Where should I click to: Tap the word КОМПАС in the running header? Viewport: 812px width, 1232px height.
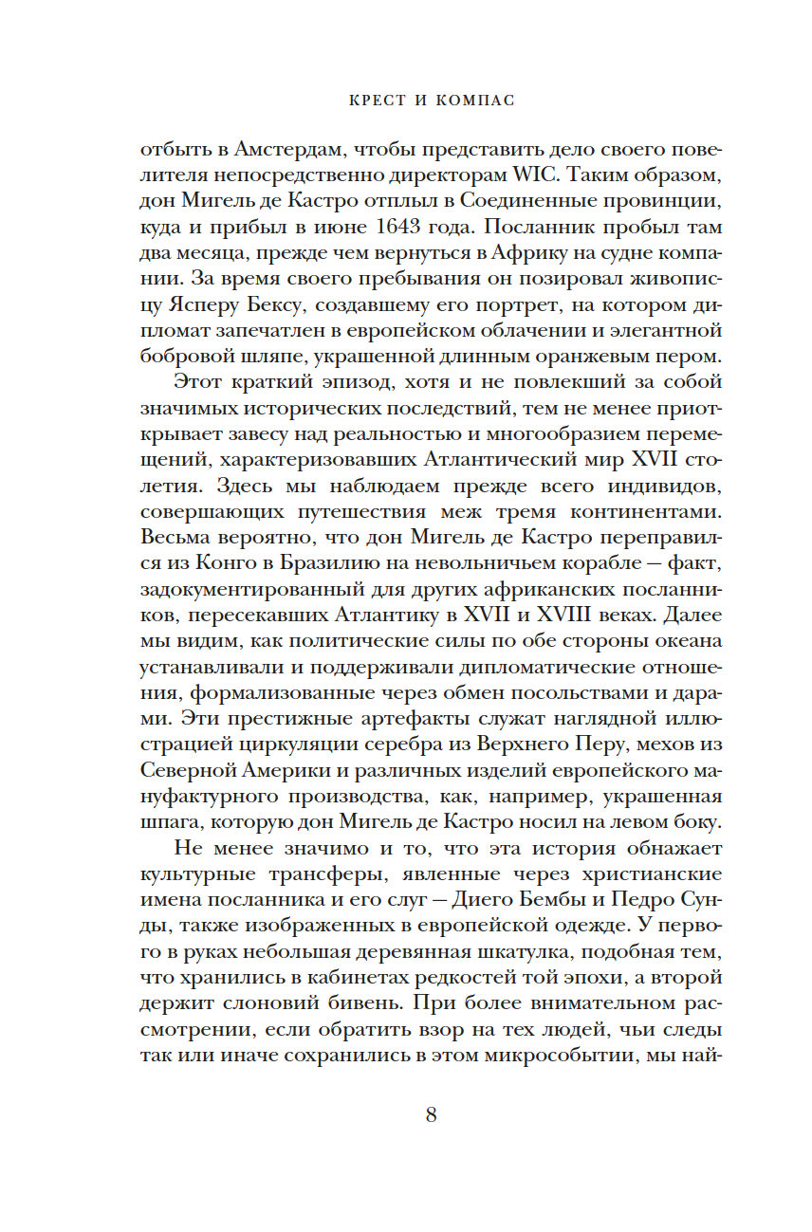coord(466,101)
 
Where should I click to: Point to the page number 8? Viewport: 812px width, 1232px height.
coord(431,1114)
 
